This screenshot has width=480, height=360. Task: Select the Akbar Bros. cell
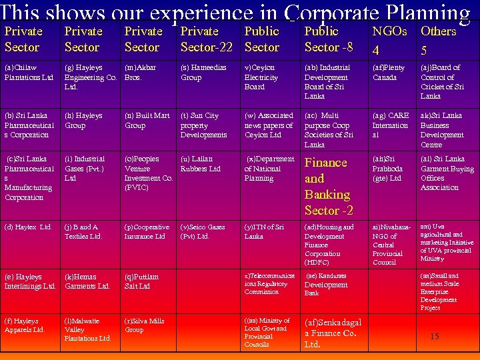pos(142,72)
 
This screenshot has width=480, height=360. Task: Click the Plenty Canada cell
pos(389,72)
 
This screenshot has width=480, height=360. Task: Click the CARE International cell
pos(390,125)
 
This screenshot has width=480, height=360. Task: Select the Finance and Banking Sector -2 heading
pos(329,186)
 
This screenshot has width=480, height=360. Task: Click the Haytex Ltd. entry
pos(28,227)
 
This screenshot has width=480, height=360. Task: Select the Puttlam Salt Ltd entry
pos(141,281)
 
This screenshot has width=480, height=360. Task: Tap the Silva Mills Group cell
pos(144,325)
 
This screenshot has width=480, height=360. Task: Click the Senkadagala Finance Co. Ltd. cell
pos(333,333)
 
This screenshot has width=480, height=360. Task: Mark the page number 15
pos(434,337)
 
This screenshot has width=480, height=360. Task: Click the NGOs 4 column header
pos(389,40)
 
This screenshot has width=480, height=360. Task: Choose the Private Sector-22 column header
pos(206,39)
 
